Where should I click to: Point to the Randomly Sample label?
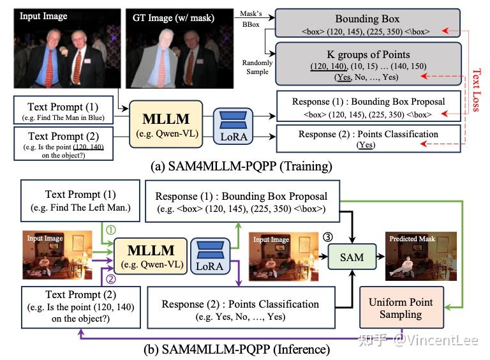click(x=257, y=68)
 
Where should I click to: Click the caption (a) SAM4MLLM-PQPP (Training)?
click(x=244, y=167)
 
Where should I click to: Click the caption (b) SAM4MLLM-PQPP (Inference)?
click(x=244, y=349)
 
